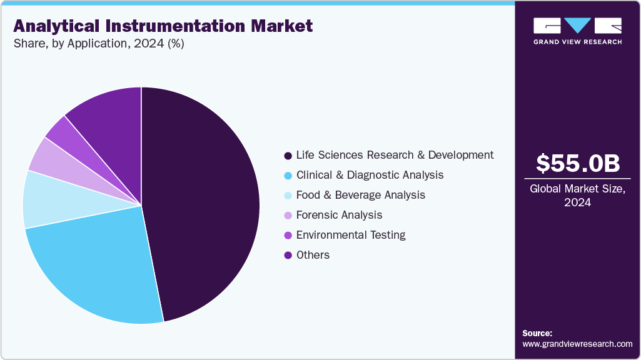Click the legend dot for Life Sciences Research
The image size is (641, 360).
tap(288, 155)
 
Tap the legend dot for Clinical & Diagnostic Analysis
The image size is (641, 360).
tap(288, 175)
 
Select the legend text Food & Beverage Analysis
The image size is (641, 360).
tap(361, 195)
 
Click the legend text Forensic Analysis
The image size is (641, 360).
tap(339, 215)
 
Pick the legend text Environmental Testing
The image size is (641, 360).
tap(351, 235)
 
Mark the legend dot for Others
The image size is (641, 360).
tap(288, 255)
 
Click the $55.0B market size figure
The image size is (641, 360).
tap(578, 163)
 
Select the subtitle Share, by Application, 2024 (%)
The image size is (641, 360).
tap(98, 44)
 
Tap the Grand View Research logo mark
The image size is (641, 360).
tap(577, 26)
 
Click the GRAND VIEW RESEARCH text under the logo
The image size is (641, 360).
tap(577, 42)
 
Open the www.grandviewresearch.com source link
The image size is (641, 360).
tap(577, 344)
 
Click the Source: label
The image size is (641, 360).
tap(537, 333)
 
